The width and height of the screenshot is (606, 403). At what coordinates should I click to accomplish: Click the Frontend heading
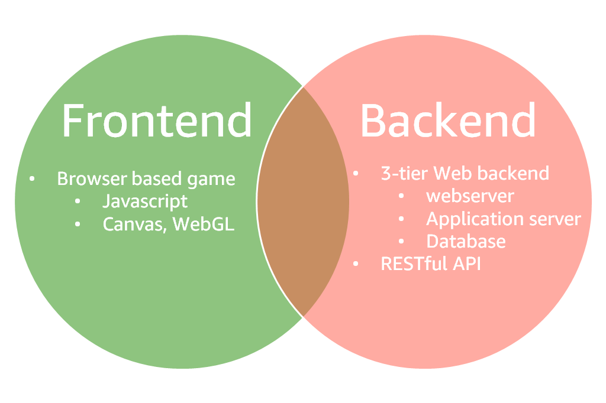pos(157,121)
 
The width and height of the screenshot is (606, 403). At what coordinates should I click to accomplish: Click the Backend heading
pos(448,121)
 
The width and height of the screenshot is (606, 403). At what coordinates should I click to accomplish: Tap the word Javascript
pos(145,201)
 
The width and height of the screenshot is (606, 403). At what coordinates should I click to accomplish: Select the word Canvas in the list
pos(133,224)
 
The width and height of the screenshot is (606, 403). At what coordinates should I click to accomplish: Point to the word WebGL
pos(204,224)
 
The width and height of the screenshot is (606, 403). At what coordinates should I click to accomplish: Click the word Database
pos(466,241)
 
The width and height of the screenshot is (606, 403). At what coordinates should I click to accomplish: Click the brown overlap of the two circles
pos(302,201)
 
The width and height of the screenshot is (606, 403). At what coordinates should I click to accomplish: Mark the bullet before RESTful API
pos(356,264)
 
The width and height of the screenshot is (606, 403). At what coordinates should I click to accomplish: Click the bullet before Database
pos(401,242)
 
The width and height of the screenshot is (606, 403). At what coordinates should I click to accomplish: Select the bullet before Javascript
pos(78,201)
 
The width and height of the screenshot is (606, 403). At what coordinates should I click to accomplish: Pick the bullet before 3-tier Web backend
pos(356,174)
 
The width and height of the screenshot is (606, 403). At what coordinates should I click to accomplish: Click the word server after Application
pos(554,219)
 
